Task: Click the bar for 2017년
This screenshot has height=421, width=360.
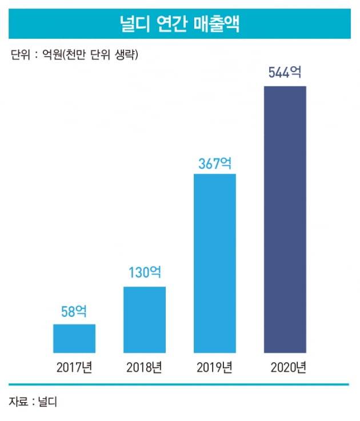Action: click(x=74, y=338)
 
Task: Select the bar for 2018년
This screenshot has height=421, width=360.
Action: click(x=145, y=319)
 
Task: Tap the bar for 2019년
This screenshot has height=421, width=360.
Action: click(x=215, y=263)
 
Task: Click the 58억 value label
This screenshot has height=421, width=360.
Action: click(x=74, y=312)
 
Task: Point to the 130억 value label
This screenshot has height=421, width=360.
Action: click(x=145, y=273)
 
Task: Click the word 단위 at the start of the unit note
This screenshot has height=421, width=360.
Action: click(x=19, y=55)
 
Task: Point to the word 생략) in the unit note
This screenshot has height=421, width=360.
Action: click(x=127, y=55)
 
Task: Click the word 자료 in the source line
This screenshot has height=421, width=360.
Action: click(x=18, y=402)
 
